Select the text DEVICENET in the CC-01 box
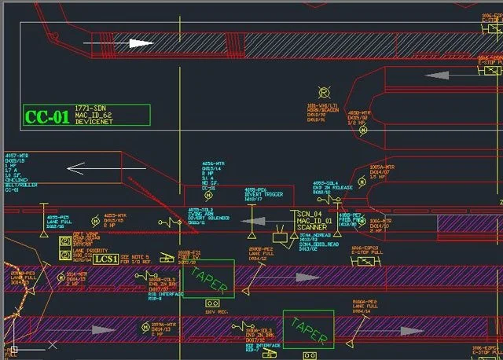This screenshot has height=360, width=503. click(94, 121)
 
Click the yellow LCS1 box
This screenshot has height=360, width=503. click(106, 258)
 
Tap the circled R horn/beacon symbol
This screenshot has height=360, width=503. click(321, 93)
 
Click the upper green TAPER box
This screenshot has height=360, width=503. click(208, 279)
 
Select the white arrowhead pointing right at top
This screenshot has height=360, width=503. click(142, 43)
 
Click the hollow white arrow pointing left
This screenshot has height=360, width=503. click(86, 167)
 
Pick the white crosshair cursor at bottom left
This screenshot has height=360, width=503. click(13, 347)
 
